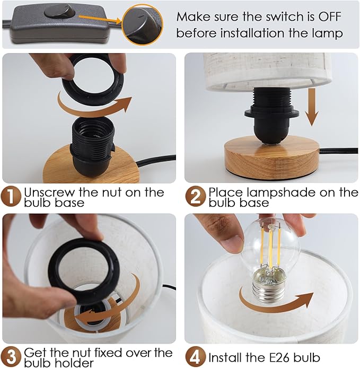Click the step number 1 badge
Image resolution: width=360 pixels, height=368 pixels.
click(11, 197)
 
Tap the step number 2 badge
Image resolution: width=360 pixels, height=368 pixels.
click(195, 197)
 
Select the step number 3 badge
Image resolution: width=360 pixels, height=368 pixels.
click(11, 357)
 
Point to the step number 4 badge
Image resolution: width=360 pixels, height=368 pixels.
click(195, 357)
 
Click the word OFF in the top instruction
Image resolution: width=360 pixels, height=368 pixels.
click(329, 16)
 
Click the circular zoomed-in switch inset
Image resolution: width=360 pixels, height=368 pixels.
click(143, 25)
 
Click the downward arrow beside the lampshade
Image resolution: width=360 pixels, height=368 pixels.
click(312, 107)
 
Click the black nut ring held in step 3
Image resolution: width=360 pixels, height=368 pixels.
click(84, 271)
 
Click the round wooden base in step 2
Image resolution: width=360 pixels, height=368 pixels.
click(271, 158)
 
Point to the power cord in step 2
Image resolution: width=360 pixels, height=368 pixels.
click(339, 151)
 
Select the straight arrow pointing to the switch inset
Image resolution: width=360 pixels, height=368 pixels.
click(100, 19)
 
